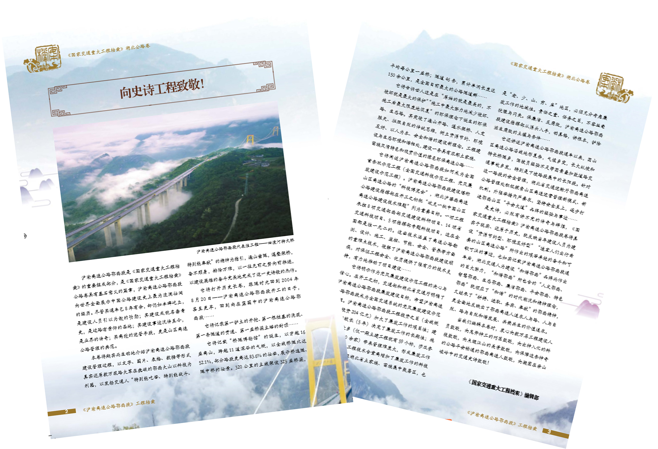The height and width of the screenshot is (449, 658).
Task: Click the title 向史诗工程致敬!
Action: (162, 88)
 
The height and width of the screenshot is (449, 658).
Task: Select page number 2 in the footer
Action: (66, 411)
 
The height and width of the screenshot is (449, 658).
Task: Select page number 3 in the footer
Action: (549, 431)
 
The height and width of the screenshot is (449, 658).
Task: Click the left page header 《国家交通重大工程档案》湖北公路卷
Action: (108, 51)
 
